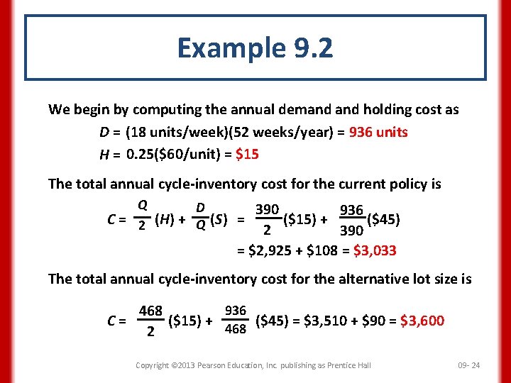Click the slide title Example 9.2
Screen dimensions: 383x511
click(255, 48)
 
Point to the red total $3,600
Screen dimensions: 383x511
click(422, 321)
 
